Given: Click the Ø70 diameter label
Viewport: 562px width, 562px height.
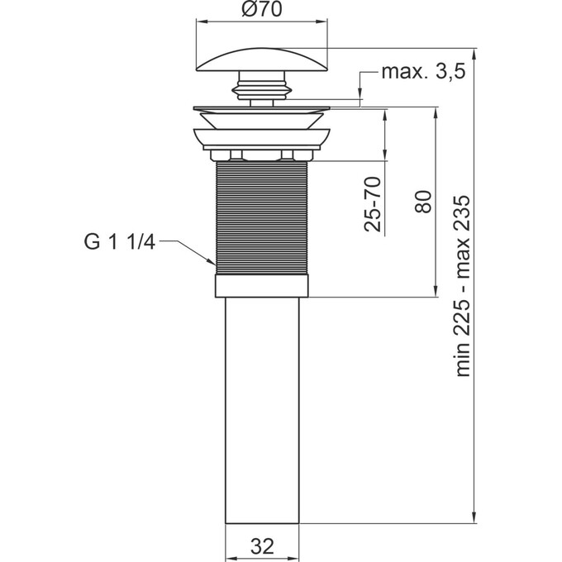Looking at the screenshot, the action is click(262, 9).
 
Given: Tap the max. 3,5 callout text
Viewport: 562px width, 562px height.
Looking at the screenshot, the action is click(423, 72).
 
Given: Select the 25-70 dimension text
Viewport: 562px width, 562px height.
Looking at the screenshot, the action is click(372, 204).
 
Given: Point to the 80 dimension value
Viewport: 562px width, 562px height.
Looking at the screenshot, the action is click(423, 202).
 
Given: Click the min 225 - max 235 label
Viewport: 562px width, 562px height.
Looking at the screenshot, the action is click(462, 286).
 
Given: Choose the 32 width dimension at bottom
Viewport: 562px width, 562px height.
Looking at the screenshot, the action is click(262, 546).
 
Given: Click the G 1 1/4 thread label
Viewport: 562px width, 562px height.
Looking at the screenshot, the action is click(119, 242).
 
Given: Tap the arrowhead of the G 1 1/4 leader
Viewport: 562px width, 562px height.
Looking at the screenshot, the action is click(212, 261).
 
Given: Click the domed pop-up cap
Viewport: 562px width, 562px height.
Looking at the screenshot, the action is click(262, 60).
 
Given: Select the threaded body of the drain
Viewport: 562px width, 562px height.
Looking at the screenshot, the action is click(262, 218).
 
